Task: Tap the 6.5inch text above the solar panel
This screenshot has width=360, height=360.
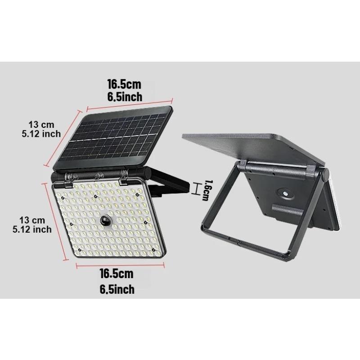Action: point(124,96)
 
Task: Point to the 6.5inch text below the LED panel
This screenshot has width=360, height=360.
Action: point(117,289)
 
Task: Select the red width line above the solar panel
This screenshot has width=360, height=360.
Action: point(130,102)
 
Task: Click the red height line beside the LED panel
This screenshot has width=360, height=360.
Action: point(55,220)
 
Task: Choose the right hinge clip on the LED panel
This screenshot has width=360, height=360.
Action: point(123,179)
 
